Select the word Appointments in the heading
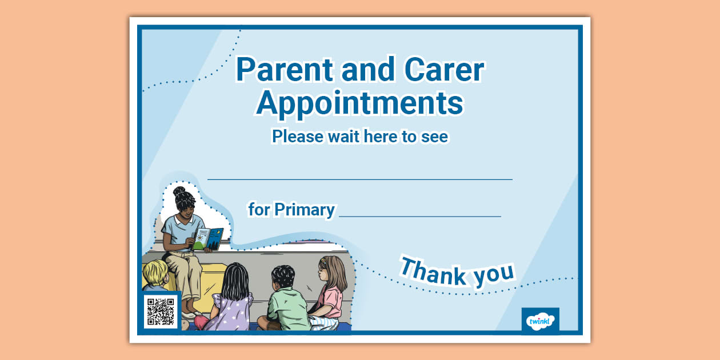point(359,103)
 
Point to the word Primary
point(305,210)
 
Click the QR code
point(161,311)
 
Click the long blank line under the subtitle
point(359,179)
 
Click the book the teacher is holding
point(208,238)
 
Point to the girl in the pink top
point(330,291)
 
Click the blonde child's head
point(155,273)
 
